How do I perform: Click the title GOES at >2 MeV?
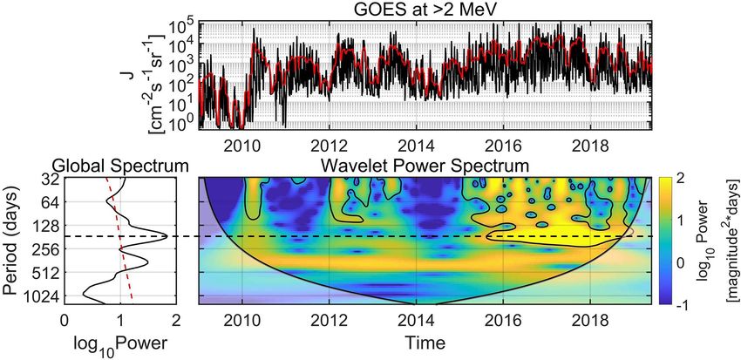click(x=425, y=10)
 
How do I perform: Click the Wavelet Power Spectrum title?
click(x=425, y=165)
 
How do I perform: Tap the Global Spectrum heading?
click(x=119, y=165)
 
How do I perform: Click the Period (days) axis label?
click(x=11, y=240)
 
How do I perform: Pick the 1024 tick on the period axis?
click(x=38, y=295)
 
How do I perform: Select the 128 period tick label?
click(x=42, y=226)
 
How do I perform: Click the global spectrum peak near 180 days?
click(x=167, y=235)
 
